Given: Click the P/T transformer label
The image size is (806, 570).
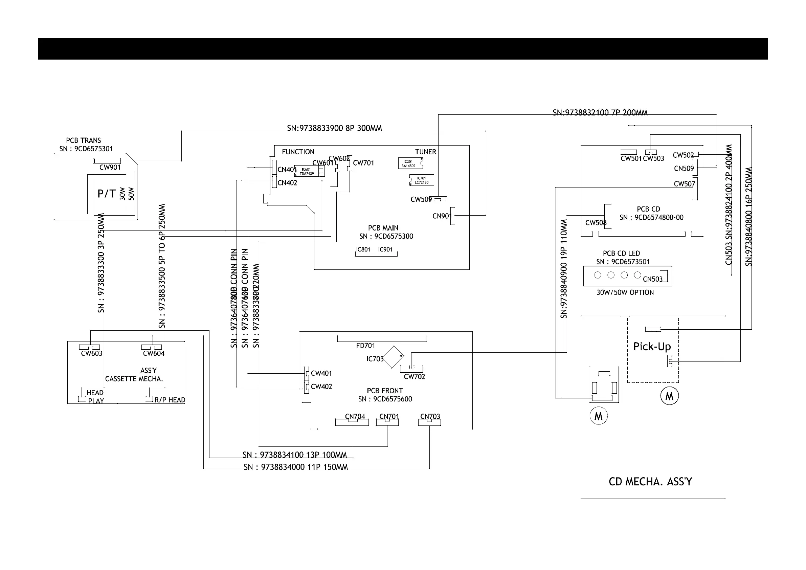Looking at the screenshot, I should coord(106,194).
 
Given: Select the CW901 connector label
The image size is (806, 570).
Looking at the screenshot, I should coord(110,168).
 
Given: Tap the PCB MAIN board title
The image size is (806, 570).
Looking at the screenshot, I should coord(383,228).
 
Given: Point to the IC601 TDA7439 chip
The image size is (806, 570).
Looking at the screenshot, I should coord(307,171).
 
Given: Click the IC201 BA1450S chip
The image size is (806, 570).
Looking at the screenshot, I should coord(409,164).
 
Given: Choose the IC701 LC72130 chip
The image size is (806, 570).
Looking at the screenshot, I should coord(422,180).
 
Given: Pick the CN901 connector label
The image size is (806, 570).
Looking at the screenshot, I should coord(442,216).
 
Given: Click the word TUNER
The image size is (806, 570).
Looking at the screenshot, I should coord(425,152).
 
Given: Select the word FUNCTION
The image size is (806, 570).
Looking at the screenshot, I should coord(298,152).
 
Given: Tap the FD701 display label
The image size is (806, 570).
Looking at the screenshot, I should coord(365,346).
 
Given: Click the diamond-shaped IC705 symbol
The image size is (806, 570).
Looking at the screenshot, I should coord(393,357).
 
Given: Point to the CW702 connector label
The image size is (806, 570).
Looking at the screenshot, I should coord(414,377).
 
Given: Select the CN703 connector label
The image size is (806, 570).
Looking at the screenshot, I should coord(430,417).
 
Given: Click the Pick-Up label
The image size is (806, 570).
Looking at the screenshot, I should coord(652,347).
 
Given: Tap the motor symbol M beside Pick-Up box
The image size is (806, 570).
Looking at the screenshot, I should coord(669,396).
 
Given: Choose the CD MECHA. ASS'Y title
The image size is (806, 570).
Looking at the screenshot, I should coord(650,482).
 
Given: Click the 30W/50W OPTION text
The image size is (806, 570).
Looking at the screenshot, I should coord(625,292).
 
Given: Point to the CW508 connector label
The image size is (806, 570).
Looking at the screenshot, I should coord(596,223).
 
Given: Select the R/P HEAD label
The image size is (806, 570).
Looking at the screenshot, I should coord(170,400).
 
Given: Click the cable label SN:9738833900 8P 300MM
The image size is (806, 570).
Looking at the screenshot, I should coord(334,128).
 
